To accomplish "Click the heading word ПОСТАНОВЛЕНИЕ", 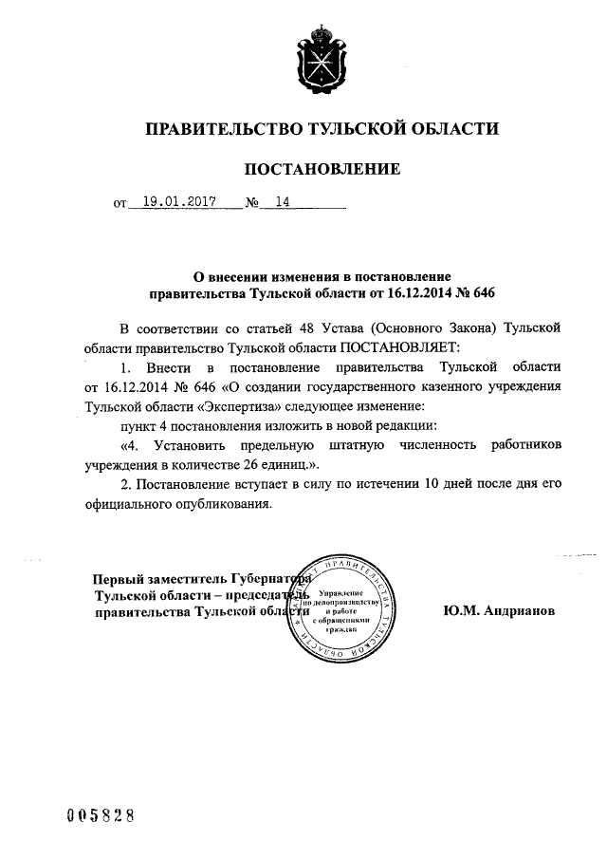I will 322,170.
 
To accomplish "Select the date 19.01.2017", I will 177,202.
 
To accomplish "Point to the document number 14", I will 281,202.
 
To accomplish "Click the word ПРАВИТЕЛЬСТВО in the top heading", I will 215,129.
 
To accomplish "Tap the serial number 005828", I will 99,815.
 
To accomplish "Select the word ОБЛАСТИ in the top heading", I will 450,129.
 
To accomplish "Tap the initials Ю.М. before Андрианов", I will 460,612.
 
